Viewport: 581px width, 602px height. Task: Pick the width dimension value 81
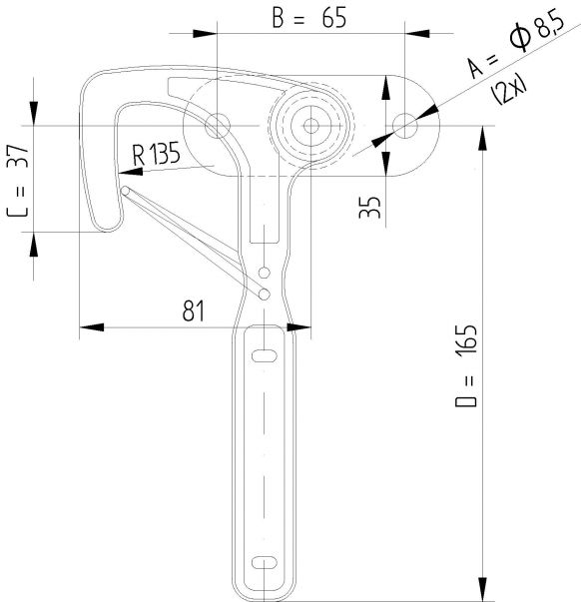tap(193, 309)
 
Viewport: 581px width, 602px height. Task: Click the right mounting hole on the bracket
tap(405, 125)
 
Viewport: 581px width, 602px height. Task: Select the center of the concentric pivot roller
tap(312, 126)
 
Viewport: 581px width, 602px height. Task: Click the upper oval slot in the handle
tap(265, 355)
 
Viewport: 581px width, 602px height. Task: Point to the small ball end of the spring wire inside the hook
tap(125, 192)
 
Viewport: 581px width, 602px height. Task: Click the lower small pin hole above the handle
tap(265, 294)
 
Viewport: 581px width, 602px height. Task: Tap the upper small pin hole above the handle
tap(264, 273)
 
